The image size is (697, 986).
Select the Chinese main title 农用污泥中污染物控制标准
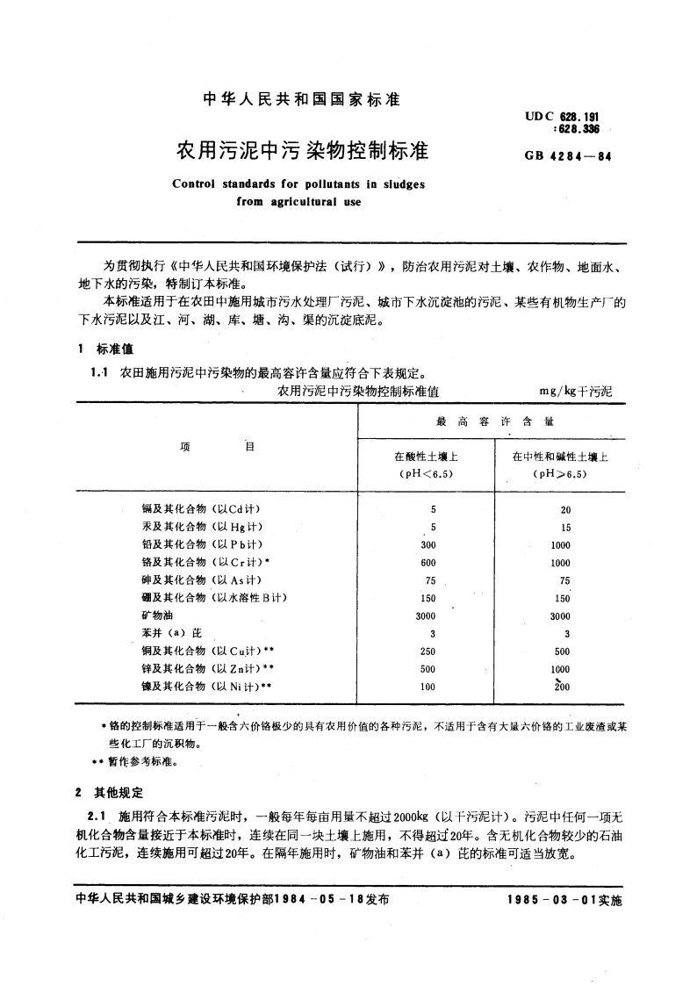click(x=302, y=151)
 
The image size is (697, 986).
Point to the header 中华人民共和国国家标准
click(x=301, y=100)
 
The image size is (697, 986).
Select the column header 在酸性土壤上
click(x=427, y=457)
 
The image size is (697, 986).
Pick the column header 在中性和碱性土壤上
click(x=559, y=457)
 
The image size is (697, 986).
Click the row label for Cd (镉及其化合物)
click(x=201, y=510)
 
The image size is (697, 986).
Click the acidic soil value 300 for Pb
click(x=428, y=545)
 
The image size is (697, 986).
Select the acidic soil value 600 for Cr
click(x=428, y=563)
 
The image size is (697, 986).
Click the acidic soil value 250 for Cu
click(x=428, y=651)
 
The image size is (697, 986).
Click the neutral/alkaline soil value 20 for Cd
click(x=565, y=510)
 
